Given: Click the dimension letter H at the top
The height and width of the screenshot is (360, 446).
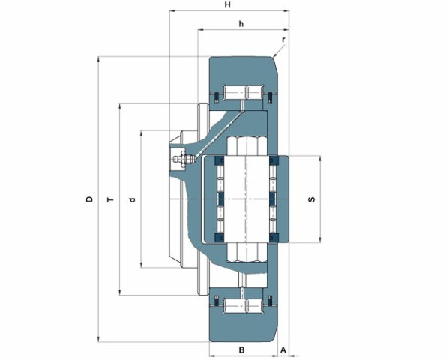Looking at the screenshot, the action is pos(228,4).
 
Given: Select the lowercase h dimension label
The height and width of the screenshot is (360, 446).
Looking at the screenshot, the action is pos(241,23).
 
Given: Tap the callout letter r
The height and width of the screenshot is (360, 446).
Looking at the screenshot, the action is pos(283,40).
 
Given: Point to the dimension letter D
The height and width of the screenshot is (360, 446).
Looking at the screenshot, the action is pos(90,199).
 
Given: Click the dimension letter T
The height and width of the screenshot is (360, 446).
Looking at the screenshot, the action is pos(110,199).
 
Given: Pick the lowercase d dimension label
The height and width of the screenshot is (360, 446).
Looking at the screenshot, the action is pos(132,199).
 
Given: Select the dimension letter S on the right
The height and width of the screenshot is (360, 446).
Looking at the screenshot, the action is pos(312,199).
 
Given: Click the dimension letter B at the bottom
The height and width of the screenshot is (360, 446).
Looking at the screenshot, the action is pos(241,349).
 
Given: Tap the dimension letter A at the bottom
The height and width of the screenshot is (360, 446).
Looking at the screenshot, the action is pos(283,349).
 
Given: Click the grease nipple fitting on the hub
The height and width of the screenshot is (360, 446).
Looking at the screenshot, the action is pos(184,159).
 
